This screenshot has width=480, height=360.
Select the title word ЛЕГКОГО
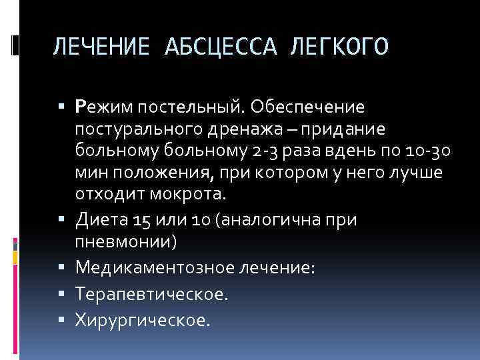pos(338,47)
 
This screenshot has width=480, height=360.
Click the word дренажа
pos(248,129)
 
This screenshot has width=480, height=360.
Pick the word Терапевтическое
pos(151,294)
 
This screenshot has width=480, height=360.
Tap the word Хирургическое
pos(143,320)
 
